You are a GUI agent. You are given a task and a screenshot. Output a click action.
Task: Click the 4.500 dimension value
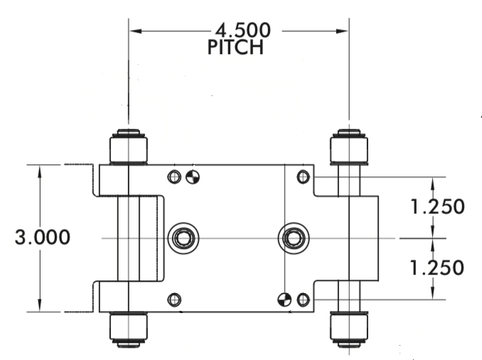(242, 31)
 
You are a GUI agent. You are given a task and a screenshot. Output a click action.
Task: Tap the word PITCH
(236, 48)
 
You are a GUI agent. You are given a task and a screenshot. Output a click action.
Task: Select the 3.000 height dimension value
(43, 238)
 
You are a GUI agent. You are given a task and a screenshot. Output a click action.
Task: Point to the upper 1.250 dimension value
(437, 207)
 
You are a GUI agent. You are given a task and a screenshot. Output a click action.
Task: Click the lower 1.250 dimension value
(437, 268)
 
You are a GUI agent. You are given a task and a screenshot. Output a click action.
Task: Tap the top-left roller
(128, 147)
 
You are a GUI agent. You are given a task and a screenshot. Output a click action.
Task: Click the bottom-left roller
(128, 329)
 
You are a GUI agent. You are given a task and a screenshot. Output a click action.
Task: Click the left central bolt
(183, 237)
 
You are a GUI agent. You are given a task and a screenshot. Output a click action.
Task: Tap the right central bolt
(292, 237)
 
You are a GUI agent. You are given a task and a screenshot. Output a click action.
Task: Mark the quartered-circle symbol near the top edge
(193, 176)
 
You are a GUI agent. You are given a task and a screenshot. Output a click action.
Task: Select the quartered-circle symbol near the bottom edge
(284, 300)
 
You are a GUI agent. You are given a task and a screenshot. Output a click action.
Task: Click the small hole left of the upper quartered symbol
(174, 176)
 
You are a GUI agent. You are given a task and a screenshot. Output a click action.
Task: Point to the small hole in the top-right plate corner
(303, 176)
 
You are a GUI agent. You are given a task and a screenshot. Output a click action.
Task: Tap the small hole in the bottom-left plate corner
(174, 300)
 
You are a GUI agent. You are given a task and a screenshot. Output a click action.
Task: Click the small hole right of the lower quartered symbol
(303, 300)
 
